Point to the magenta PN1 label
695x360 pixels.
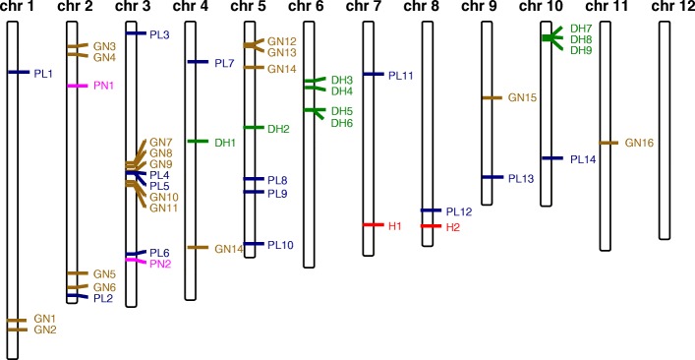pyautogui.click(x=104, y=86)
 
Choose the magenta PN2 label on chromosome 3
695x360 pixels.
pyautogui.click(x=160, y=264)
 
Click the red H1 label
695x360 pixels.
pyautogui.click(x=395, y=226)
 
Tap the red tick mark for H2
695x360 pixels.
pyautogui.click(x=429, y=226)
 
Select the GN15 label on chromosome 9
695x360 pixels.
pyautogui.click(x=522, y=97)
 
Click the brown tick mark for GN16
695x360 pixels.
pyautogui.click(x=608, y=143)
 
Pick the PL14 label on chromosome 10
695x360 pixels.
pyautogui.click(x=583, y=158)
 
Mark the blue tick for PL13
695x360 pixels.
pyautogui.click(x=487, y=177)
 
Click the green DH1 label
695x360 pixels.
pyautogui.click(x=225, y=143)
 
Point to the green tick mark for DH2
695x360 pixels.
pyautogui.click(x=251, y=128)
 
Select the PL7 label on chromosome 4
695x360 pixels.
pyautogui.click(x=224, y=63)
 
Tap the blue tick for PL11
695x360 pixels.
pyautogui.click(x=372, y=74)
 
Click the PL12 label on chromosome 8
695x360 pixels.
pyautogui.click(x=459, y=211)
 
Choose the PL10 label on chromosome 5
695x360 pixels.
pyautogui.click(x=280, y=244)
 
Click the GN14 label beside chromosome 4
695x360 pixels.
pyautogui.click(x=228, y=249)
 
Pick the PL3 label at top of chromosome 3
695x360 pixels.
pyautogui.click(x=159, y=34)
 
